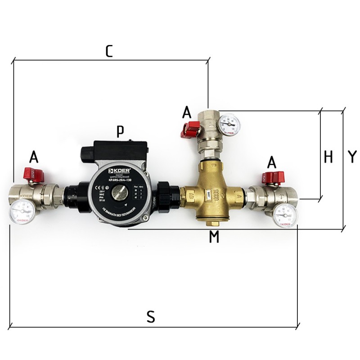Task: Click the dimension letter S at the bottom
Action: (x=151, y=317)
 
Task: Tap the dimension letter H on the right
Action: (x=328, y=157)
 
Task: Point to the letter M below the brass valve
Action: (x=214, y=237)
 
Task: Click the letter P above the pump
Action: (x=120, y=131)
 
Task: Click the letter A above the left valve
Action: (x=33, y=157)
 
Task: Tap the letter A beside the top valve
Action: (x=187, y=112)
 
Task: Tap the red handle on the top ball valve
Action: (x=189, y=130)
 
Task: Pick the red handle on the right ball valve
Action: (x=272, y=177)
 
